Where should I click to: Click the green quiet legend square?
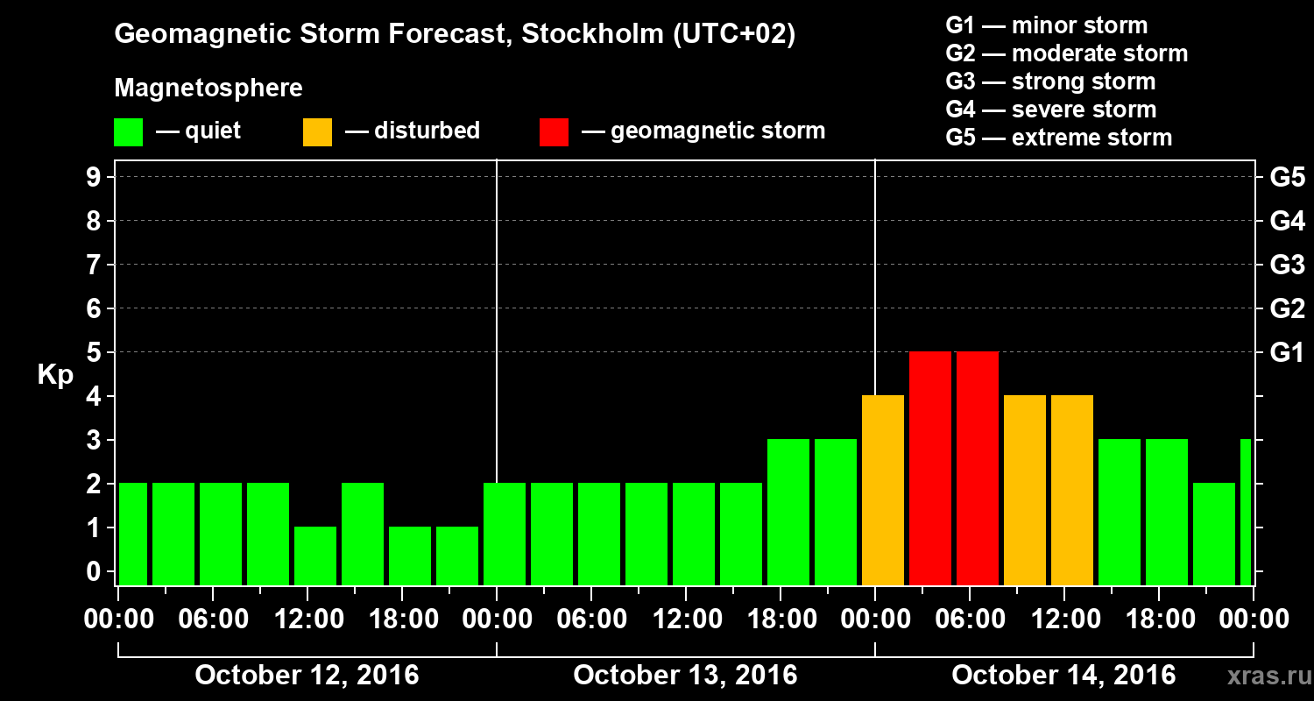(128, 132)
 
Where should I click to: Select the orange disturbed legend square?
(317, 132)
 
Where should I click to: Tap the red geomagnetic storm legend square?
(554, 132)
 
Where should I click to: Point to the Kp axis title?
(54, 374)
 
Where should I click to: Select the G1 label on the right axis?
(1287, 352)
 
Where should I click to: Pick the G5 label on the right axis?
(1287, 177)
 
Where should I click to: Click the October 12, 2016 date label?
(307, 675)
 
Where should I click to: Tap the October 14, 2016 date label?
(1063, 675)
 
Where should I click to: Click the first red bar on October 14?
(930, 468)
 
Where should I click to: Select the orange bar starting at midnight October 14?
(883, 490)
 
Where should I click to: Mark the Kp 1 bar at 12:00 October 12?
(315, 556)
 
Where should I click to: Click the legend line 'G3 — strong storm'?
(1050, 81)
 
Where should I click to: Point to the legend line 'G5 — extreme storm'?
(1058, 138)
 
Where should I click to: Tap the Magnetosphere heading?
(208, 89)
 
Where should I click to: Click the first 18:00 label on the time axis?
(403, 620)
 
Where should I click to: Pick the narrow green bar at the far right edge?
(1246, 512)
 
